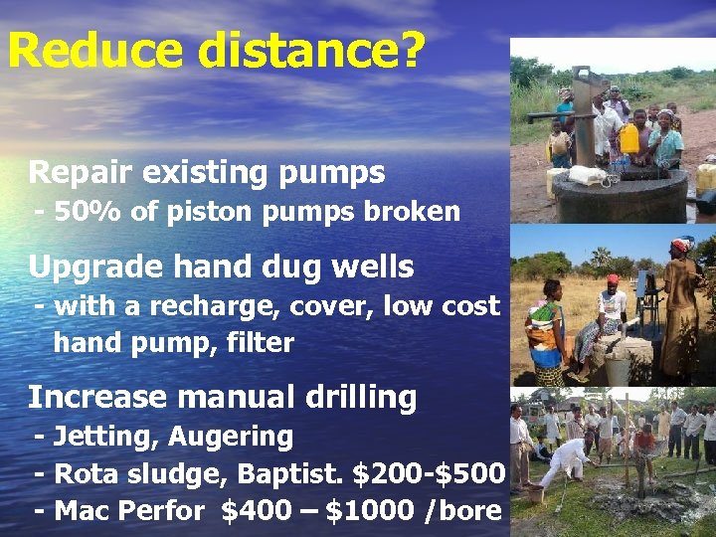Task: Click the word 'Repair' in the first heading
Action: pos(81,173)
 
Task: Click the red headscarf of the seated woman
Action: pos(613,279)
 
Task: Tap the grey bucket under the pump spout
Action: pos(618,370)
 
